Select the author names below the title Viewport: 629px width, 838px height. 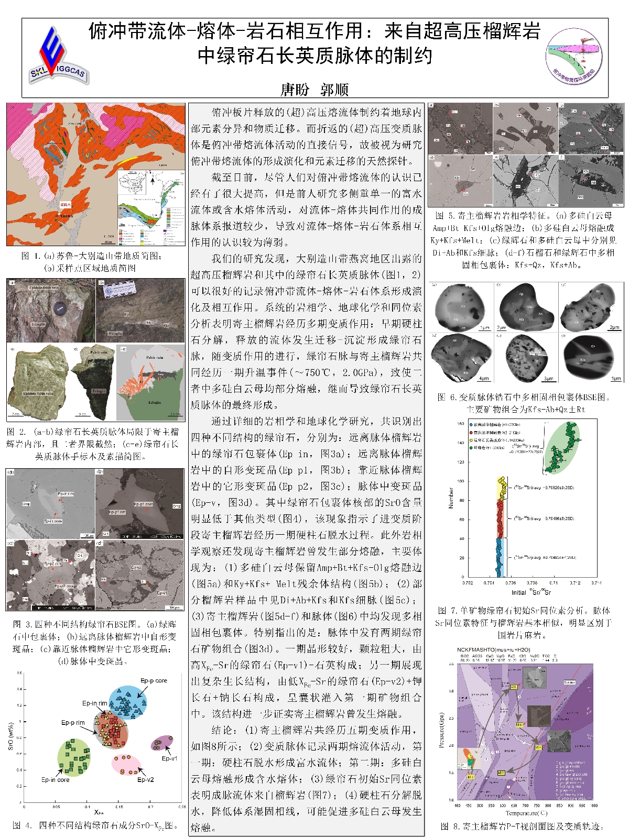click(x=314, y=90)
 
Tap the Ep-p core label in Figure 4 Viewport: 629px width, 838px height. click(x=154, y=680)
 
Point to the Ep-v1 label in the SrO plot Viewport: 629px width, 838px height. click(x=169, y=758)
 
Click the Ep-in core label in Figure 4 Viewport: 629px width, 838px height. click(x=56, y=779)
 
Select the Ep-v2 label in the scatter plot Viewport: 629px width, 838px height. click(x=145, y=779)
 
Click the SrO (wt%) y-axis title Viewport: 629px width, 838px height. click(x=11, y=736)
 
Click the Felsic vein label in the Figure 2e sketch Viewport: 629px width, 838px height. click(x=154, y=357)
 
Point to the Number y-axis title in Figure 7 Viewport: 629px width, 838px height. click(x=451, y=498)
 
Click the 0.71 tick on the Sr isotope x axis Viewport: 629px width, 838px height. click(x=553, y=582)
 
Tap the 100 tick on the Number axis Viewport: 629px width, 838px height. click(x=461, y=481)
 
